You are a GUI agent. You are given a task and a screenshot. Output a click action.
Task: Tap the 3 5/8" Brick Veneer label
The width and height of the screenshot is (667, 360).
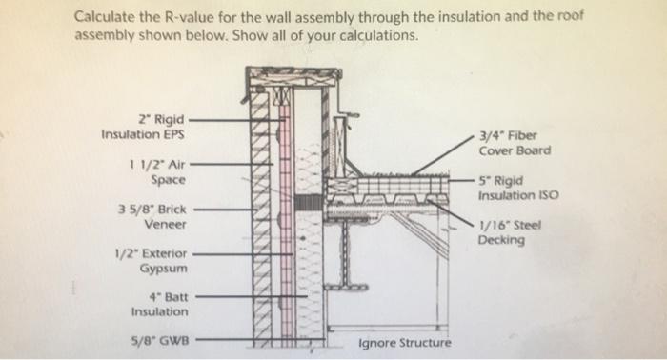pyautogui.click(x=152, y=215)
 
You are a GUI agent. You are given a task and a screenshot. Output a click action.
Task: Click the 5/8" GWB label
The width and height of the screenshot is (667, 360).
pyautogui.click(x=157, y=338)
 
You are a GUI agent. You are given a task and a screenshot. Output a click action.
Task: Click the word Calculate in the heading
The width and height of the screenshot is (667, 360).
pyautogui.click(x=108, y=17)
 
